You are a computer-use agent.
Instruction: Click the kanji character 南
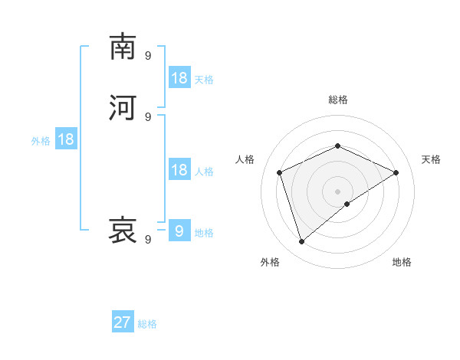(123, 47)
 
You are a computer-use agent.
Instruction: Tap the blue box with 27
(123, 322)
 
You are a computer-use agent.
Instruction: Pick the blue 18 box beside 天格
(179, 78)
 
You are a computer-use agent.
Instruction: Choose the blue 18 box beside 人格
(179, 170)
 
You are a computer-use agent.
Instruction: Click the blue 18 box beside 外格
(66, 139)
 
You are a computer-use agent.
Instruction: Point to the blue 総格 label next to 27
(147, 324)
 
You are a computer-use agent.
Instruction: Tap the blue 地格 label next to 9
(204, 233)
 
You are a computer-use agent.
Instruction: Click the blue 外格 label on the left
(40, 141)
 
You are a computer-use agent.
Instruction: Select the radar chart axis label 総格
(337, 100)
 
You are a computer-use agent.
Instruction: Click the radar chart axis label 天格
(431, 159)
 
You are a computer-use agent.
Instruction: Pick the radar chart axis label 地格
(402, 262)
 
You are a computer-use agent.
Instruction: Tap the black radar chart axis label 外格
(270, 262)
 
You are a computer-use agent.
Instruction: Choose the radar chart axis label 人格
(245, 159)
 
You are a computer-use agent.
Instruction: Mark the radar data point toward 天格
(396, 172)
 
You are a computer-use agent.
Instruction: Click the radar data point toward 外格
(301, 242)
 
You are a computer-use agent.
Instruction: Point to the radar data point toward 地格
(347, 204)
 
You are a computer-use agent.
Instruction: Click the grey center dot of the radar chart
(337, 191)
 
